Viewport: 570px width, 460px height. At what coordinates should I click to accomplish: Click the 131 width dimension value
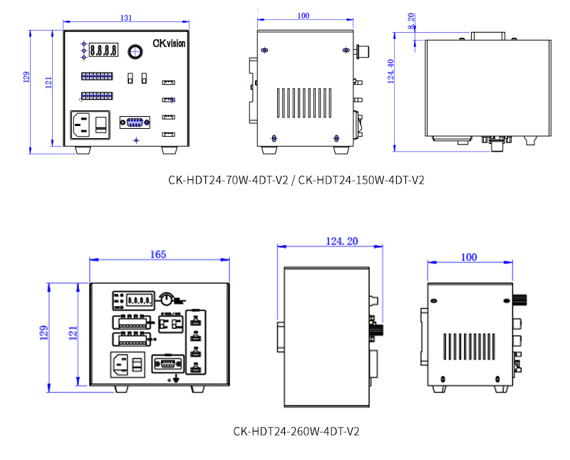tap(126, 19)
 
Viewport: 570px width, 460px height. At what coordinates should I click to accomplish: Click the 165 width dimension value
tap(158, 254)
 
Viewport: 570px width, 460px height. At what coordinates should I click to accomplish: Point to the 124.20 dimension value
tap(342, 241)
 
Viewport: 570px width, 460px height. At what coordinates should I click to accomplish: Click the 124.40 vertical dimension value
tap(390, 71)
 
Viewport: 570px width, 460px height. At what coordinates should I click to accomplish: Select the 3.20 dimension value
tap(411, 21)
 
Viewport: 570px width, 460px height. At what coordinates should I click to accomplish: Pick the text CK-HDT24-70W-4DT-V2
tap(228, 180)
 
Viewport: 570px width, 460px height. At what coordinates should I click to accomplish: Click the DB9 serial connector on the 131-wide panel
tap(135, 122)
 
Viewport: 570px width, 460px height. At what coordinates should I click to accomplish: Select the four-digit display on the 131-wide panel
tap(103, 51)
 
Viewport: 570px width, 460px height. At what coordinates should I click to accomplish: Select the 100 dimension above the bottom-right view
tap(469, 257)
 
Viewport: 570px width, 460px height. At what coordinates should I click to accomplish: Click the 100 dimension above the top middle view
tap(304, 16)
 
